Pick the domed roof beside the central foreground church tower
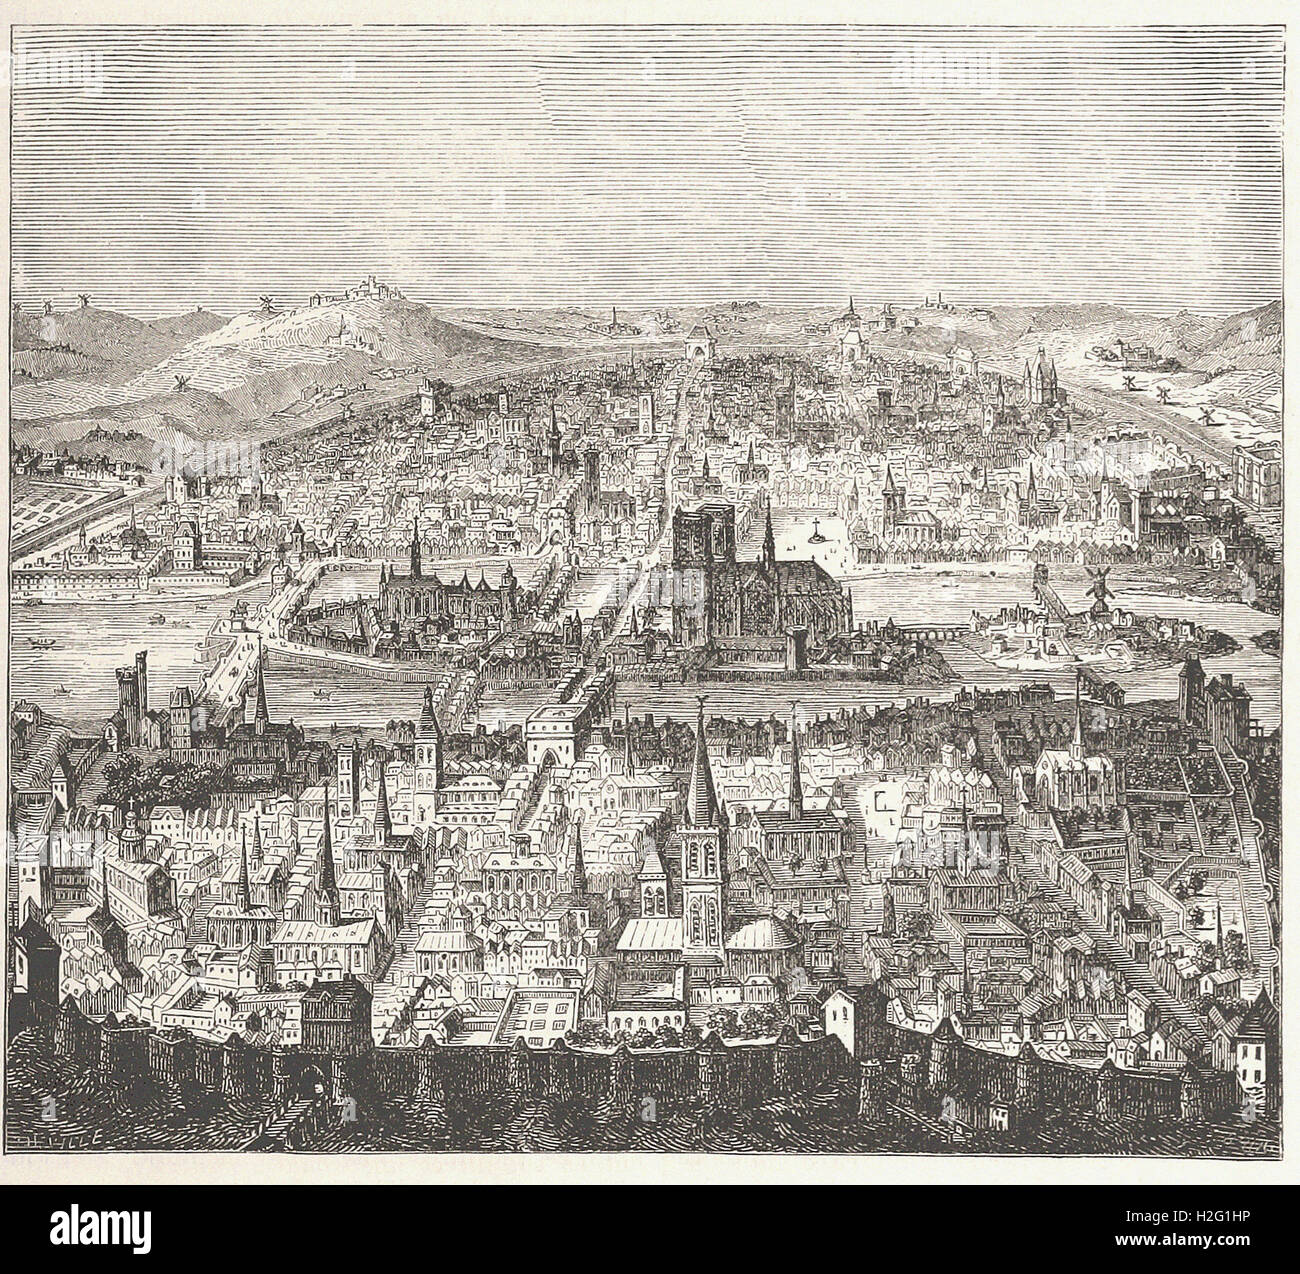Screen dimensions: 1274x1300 pos(757,941)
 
